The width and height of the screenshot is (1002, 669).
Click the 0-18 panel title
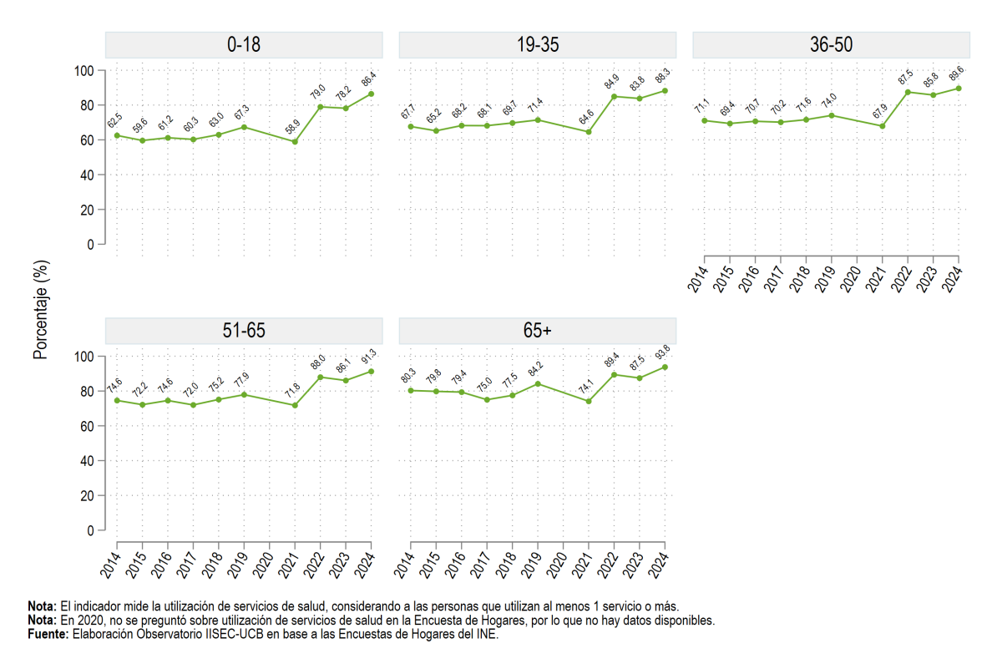244,45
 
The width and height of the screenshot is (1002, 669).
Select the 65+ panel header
537,331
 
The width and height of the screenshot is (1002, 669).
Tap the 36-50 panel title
831,45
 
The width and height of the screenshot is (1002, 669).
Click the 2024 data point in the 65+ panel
665,367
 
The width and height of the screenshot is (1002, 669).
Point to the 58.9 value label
292,127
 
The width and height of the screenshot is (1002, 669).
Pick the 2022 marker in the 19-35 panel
615,97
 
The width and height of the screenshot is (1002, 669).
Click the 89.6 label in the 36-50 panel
956,73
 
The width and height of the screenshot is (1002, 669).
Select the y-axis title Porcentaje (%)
40,310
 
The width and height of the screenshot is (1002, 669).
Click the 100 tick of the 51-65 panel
83,357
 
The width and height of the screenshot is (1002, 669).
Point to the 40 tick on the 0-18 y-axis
87,175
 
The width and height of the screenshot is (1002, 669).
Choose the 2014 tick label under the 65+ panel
405,565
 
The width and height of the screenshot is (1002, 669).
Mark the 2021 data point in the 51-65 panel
295,406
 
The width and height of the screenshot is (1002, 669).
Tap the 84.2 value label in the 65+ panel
535,368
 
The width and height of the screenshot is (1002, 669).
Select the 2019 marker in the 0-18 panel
244,128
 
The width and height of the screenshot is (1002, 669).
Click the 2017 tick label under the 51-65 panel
187,565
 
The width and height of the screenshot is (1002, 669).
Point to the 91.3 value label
368,357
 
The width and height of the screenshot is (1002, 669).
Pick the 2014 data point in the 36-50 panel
705,121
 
